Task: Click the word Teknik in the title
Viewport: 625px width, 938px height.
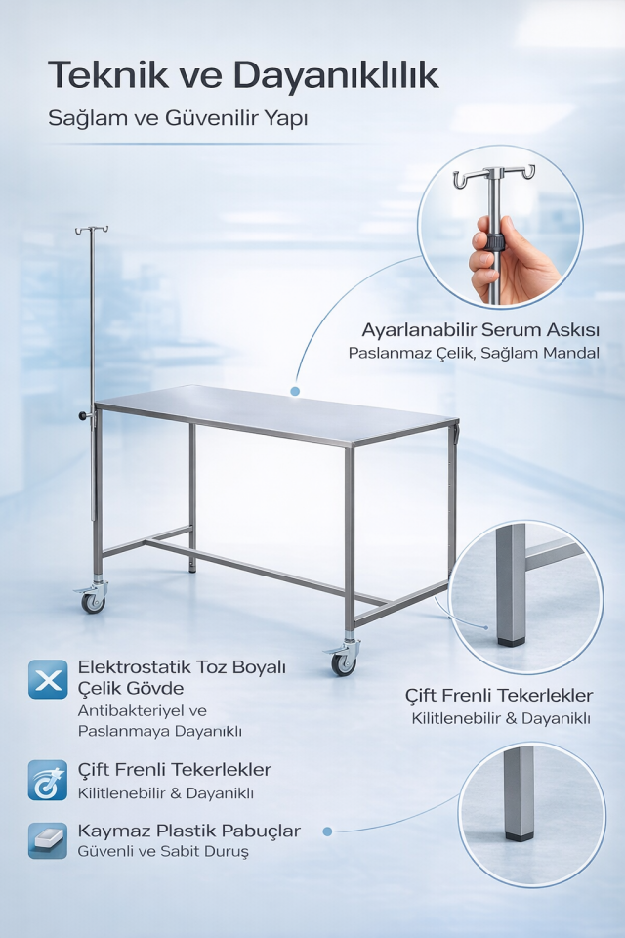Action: (108, 75)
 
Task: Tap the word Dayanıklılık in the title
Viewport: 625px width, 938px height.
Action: (336, 77)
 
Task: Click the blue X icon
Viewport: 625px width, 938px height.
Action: (48, 679)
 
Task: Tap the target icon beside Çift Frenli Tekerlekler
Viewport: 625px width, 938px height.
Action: (48, 780)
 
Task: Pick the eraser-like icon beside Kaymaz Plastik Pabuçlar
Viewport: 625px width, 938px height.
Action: (48, 840)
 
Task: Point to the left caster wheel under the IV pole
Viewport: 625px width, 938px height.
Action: (93, 601)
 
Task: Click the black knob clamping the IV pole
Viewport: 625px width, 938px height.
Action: (82, 415)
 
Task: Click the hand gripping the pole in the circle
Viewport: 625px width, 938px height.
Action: (509, 259)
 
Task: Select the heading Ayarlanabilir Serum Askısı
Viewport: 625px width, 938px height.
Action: (480, 329)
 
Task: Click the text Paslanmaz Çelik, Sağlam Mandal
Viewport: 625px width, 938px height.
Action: (474, 353)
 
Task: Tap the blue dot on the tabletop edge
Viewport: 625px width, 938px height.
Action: (295, 391)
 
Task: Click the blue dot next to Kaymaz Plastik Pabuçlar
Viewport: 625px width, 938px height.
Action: (327, 831)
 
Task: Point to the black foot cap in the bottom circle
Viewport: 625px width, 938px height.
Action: (520, 835)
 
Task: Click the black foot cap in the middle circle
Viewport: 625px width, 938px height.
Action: (512, 641)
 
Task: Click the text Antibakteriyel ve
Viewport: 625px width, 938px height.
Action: (142, 710)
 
